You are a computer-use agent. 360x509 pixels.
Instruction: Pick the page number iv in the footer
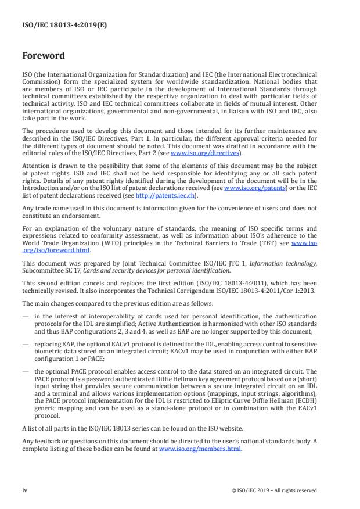coord(24,490)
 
